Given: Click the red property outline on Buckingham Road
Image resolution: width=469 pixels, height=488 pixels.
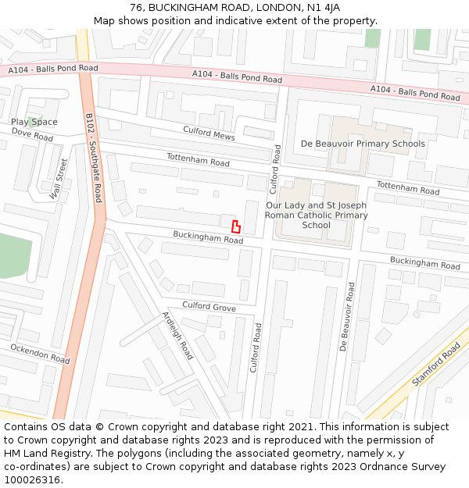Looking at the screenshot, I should click(235, 226).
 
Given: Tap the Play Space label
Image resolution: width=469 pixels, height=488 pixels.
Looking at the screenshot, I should click(34, 122).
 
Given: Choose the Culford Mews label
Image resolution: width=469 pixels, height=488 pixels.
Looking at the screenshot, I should click(209, 133).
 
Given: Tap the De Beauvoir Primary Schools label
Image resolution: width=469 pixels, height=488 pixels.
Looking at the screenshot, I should click(363, 144).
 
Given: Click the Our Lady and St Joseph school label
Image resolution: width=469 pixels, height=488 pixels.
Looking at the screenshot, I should click(316, 215).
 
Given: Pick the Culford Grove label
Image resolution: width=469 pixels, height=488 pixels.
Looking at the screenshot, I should click(209, 308).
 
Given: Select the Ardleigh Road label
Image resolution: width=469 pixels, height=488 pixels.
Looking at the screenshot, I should click(177, 335).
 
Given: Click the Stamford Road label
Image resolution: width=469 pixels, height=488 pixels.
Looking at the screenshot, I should click(436, 365).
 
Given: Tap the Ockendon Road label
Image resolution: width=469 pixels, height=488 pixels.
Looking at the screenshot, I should click(39, 353).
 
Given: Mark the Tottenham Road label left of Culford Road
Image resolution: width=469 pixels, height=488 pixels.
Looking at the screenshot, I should click(198, 160).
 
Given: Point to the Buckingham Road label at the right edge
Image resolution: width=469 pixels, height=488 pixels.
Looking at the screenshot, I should click(425, 262).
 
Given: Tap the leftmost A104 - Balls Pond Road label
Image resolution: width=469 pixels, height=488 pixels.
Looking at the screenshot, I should click(53, 69).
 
